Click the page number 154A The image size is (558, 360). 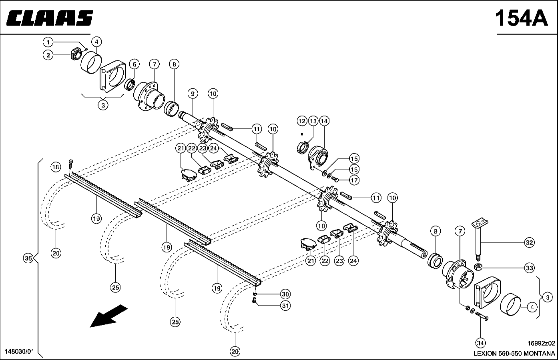(x=521, y=18)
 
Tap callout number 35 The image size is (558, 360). (x=28, y=258)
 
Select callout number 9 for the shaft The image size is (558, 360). (x=193, y=94)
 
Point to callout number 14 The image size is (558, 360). (x=324, y=121)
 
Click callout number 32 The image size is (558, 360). (x=529, y=242)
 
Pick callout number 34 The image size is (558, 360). (x=480, y=342)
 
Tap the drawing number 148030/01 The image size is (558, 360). (x=20, y=352)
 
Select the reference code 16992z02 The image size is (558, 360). (x=541, y=343)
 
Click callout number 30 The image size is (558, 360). (x=285, y=294)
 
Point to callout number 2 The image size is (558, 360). (x=48, y=55)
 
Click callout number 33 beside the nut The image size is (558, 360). (x=529, y=268)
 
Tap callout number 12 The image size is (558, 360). (x=302, y=121)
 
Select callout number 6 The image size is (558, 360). (x=134, y=64)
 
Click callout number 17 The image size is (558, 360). (x=354, y=180)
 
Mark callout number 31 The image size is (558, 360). (x=285, y=306)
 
